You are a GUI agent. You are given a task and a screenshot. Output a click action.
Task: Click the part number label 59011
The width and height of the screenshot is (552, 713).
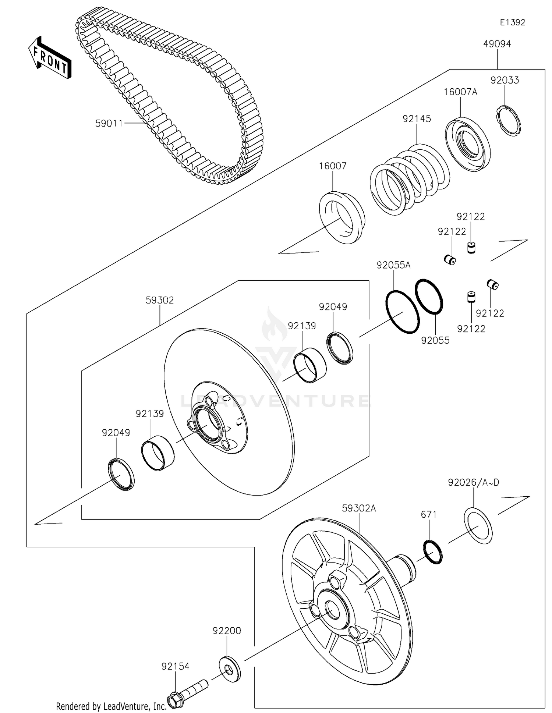point(109,123)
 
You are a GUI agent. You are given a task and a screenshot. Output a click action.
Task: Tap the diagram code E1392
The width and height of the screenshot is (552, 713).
point(512,22)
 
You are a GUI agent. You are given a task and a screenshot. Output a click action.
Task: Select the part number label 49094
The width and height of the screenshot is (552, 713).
point(497,44)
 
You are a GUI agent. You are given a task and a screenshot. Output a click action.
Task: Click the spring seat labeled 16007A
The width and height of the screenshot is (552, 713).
point(467,144)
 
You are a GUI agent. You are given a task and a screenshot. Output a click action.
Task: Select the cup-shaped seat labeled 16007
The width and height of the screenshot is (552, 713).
point(342,217)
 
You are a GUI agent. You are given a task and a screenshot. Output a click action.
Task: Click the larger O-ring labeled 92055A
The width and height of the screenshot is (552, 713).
point(403,312)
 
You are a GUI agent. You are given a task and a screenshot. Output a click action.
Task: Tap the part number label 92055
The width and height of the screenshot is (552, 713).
point(435,340)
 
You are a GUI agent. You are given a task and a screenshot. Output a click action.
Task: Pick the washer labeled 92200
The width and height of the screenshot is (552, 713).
point(230,668)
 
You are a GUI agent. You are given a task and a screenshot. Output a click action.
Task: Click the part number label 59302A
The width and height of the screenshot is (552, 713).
point(359,508)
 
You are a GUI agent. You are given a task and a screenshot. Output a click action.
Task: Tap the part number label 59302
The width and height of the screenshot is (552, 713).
point(159,300)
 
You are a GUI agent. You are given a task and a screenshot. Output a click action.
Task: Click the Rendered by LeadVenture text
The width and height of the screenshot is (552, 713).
point(112,706)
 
